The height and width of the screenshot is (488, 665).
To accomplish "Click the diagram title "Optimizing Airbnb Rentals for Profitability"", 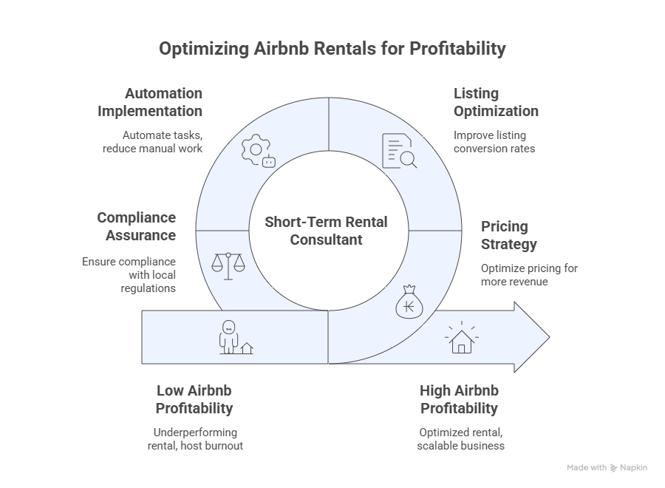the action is pos(332,49).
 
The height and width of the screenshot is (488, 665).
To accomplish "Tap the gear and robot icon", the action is pos(259,151).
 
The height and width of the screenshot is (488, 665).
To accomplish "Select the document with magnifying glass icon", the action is pos(399,151).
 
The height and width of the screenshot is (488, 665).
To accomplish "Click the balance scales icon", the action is pos(228,266).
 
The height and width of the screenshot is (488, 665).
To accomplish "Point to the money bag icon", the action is pos(409,302).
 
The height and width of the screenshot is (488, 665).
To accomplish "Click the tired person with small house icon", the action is pos(236,337).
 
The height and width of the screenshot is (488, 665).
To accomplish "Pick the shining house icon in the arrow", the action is pos(461,337).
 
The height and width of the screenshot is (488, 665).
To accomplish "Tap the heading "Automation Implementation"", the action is pos(150,102).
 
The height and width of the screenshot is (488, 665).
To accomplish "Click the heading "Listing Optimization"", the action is pos(496,102).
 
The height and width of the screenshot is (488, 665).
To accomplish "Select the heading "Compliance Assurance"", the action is pos(137,226).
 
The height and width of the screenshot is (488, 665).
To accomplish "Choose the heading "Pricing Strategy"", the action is pos(509,235).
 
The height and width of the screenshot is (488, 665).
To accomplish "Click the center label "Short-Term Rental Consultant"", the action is pos(326,231).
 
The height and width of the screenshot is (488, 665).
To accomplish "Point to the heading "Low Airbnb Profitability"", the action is pos(194,399).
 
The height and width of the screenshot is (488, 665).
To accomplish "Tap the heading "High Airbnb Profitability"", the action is pos(460,399).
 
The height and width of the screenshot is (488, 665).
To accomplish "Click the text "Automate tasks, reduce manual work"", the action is pos(153,142).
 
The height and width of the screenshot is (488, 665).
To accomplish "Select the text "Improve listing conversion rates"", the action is pos(494,142).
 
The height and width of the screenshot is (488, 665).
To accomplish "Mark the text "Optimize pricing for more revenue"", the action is pos(529,275).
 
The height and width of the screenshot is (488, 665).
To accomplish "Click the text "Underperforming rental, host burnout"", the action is pos(196,438).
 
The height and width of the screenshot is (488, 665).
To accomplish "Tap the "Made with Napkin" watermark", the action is pos(607,467).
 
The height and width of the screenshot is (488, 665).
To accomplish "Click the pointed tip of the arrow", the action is pos(550,337).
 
